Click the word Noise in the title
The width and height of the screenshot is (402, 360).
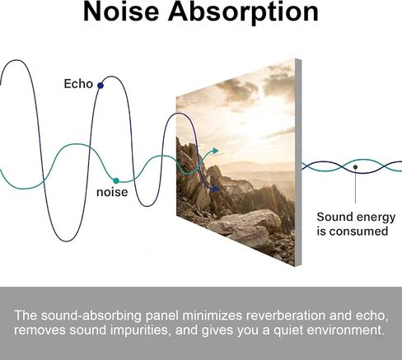121,12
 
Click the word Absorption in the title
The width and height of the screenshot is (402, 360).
243,13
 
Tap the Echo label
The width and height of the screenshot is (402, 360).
78,84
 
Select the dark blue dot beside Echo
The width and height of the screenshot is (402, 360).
100,86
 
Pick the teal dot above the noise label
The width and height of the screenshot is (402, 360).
116,180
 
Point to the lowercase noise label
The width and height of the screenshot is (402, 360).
112,192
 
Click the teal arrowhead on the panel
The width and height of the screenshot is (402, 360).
215,151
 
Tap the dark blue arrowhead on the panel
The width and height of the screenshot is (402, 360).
215,189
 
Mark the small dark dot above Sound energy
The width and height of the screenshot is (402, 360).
355,166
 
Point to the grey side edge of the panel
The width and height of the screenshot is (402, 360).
298,162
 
